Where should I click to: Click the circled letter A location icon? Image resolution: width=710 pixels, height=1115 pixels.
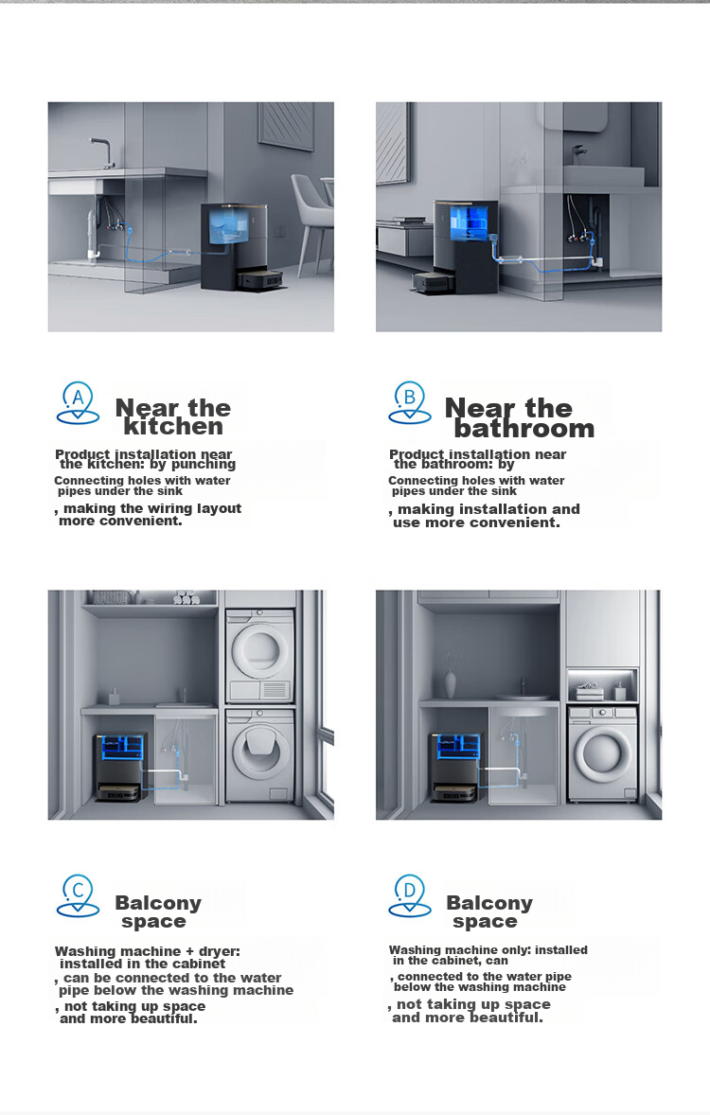[x=78, y=403]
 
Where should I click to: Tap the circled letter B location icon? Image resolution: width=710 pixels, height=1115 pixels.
[x=409, y=402]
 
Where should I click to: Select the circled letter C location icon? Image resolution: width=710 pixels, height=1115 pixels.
[x=78, y=896]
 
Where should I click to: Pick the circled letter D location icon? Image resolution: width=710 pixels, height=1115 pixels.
[x=409, y=896]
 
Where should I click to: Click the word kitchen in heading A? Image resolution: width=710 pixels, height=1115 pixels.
[x=173, y=426]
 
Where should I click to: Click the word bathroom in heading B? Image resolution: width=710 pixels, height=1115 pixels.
[x=524, y=428]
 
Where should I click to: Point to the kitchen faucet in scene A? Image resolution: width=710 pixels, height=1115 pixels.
[x=102, y=152]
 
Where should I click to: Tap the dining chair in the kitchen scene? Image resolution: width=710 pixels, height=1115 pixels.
[x=311, y=221]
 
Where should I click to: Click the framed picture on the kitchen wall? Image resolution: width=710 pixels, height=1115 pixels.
[x=286, y=125]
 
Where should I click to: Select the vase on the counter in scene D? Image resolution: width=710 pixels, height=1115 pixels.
[x=450, y=681]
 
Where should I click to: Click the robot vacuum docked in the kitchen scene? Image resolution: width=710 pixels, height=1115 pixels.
[x=259, y=282]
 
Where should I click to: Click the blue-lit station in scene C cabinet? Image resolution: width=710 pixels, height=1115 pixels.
[x=122, y=765]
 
